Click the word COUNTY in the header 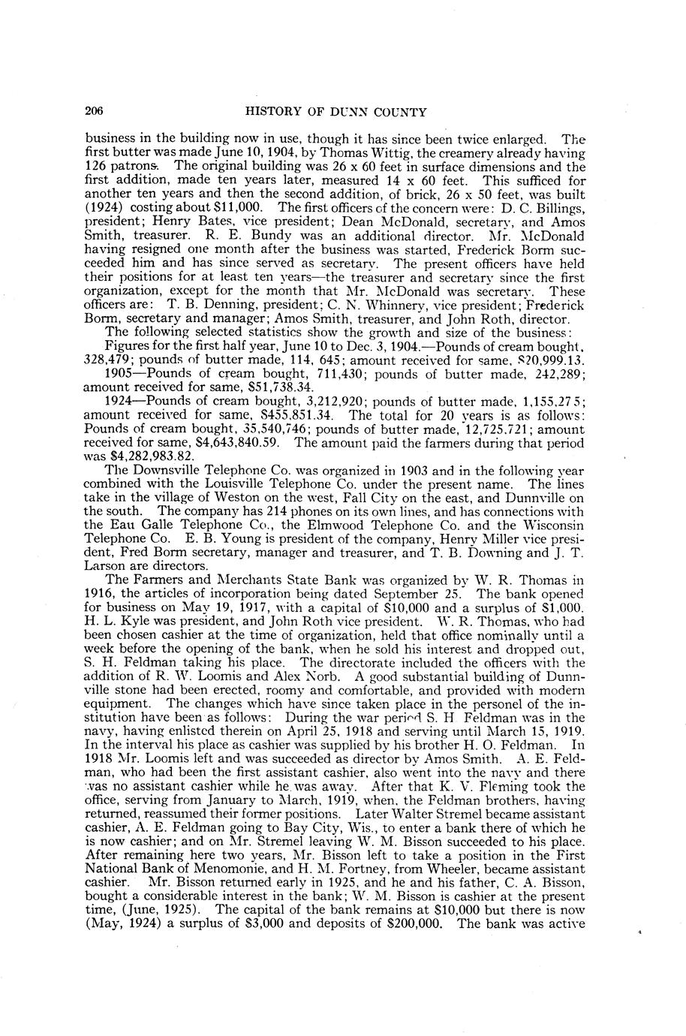click(399, 113)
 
